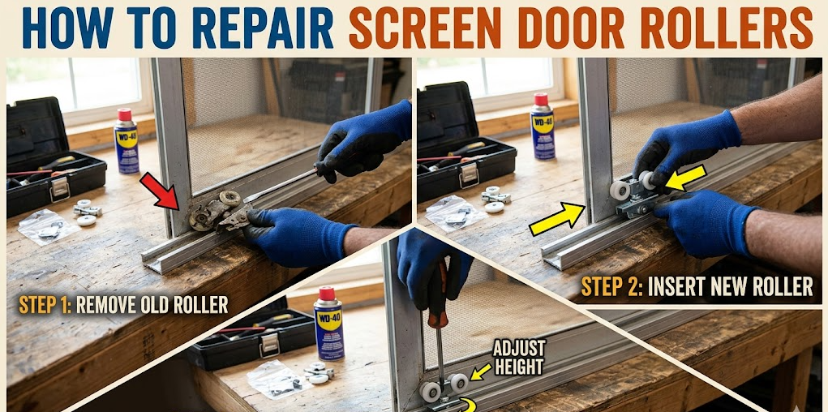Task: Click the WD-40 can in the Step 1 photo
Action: [x=126, y=143]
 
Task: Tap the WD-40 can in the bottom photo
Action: [x=328, y=324]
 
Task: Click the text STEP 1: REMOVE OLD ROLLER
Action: [x=123, y=305]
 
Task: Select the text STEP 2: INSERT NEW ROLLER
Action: [x=697, y=285]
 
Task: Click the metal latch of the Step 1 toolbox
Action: [x=58, y=188]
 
